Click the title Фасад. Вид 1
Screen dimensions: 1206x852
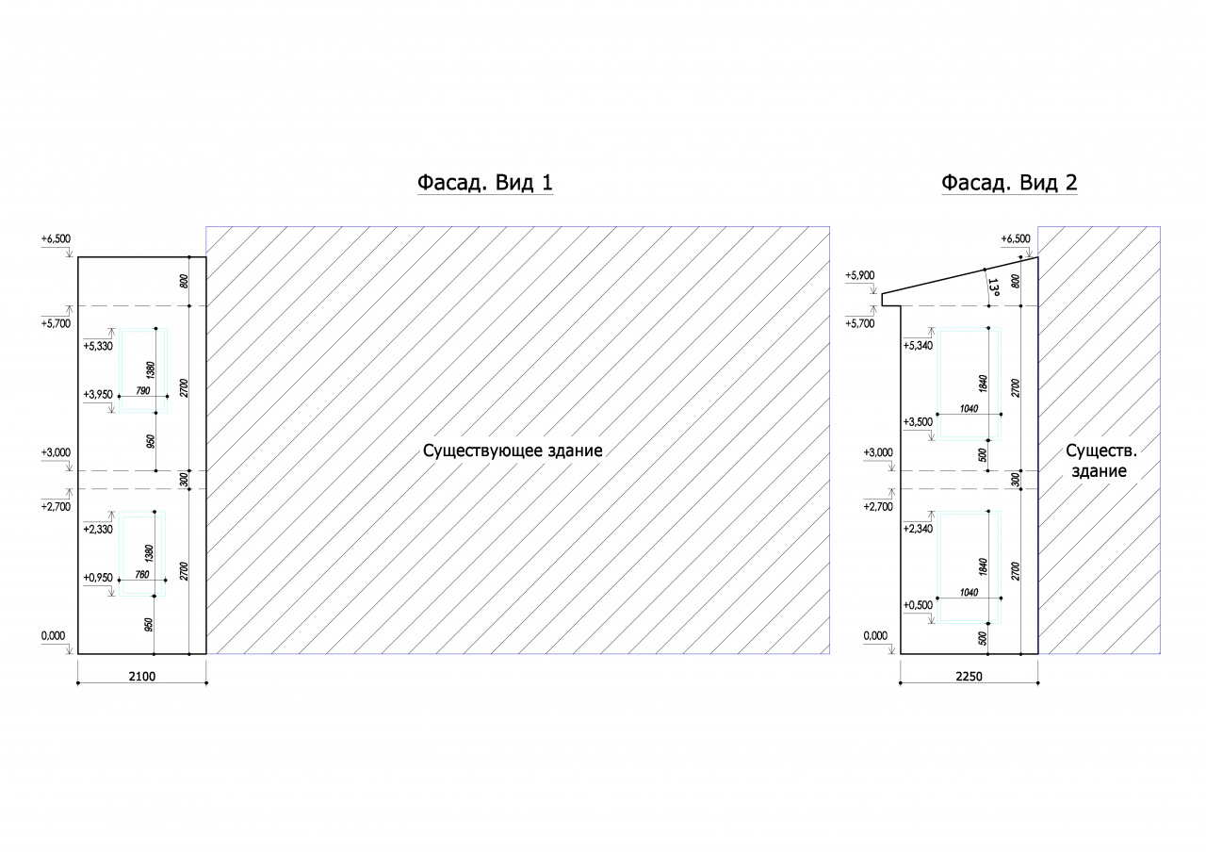coord(485,183)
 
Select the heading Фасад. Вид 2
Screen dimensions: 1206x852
coord(1009,183)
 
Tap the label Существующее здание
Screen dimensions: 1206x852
coord(513,451)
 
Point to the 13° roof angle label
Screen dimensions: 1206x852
coord(993,287)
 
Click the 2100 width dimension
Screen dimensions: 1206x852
coord(142,677)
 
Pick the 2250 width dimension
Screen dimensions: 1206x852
coord(970,677)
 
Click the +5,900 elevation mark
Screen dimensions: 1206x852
coord(860,275)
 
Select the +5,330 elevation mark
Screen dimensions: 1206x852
coord(98,346)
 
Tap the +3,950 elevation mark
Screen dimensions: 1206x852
coord(98,394)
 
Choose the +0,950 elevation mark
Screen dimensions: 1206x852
coord(98,578)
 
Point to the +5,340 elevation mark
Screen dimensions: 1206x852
coord(918,345)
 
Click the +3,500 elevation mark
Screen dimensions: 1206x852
coord(918,421)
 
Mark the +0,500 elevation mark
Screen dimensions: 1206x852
coord(918,605)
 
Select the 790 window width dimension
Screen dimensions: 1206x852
coord(142,391)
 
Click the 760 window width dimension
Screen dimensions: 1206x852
coord(141,575)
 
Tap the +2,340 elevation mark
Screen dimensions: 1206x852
coord(918,529)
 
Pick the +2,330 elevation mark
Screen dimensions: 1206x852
coord(98,529)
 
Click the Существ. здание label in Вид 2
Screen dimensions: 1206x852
coord(1101,461)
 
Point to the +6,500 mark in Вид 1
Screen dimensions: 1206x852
coord(56,238)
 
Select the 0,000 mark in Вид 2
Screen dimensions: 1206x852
coord(875,635)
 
